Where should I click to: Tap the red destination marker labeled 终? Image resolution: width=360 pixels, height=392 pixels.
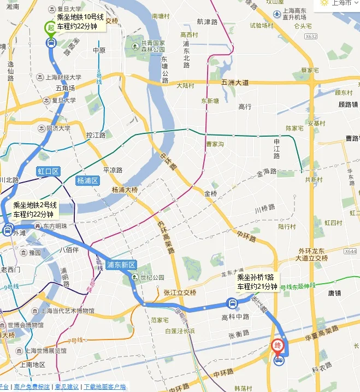[x=278, y=346]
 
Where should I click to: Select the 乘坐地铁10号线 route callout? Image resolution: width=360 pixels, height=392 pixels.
[x=80, y=21]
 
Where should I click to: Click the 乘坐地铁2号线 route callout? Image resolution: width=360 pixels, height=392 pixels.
[x=34, y=209]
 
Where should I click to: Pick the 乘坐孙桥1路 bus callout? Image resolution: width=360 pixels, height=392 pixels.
[x=257, y=282]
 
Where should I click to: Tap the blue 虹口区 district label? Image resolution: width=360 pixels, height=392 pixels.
[x=48, y=171]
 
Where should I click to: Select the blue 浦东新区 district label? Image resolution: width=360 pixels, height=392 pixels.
[x=121, y=265]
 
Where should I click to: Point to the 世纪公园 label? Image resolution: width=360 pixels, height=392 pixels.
[x=151, y=278]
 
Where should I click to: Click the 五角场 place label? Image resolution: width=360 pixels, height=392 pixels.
[x=65, y=87]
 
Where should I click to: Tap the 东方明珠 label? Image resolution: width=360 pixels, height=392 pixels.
[x=55, y=226]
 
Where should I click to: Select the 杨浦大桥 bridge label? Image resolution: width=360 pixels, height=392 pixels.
[x=125, y=190]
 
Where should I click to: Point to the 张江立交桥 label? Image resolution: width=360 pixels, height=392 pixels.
[x=180, y=292]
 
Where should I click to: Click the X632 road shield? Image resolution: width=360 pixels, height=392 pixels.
[x=311, y=37]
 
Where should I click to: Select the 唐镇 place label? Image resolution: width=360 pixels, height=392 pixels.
[x=334, y=293]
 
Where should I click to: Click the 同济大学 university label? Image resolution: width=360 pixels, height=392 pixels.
[x=58, y=129]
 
